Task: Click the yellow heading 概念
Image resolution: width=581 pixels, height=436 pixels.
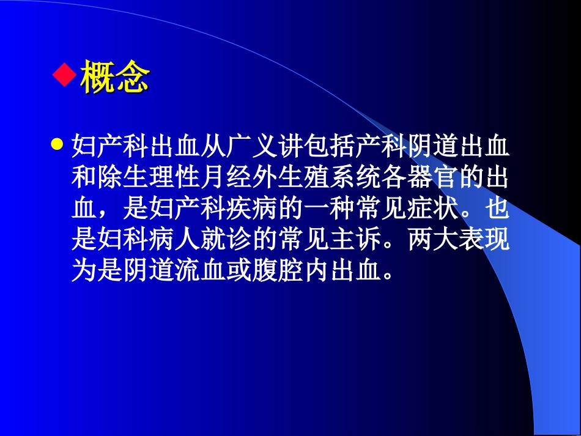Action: click(x=115, y=77)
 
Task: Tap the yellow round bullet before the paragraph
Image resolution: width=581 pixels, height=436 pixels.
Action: click(x=57, y=146)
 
